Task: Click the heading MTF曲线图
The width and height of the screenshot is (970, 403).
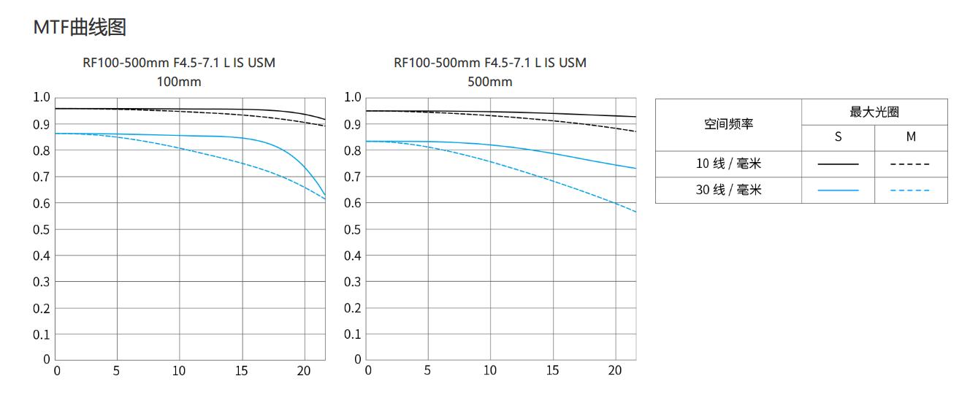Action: (80, 28)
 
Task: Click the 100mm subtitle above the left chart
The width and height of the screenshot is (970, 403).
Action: (179, 82)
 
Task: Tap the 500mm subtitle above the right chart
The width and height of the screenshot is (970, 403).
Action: (490, 82)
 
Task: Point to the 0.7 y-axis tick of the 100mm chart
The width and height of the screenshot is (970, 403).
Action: (42, 177)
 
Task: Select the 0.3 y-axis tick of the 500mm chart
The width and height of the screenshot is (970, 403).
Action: (353, 282)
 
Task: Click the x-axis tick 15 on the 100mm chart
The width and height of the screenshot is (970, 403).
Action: (241, 371)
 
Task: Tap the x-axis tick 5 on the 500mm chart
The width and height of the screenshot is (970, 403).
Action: (427, 371)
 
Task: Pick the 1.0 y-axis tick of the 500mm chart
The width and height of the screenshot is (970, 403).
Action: (353, 98)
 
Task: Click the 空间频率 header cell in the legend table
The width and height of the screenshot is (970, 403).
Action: (728, 125)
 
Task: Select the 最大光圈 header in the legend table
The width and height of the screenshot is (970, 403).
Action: (874, 112)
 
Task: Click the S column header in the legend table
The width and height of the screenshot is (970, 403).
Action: (838, 137)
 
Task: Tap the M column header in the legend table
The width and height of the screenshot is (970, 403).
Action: (911, 137)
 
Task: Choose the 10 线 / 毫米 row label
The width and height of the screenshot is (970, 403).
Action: (728, 164)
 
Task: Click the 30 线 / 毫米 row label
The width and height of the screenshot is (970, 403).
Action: (728, 190)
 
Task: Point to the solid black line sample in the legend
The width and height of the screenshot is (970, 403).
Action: (838, 164)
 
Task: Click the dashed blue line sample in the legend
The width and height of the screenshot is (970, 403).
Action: (911, 191)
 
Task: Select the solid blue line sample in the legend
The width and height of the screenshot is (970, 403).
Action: (838, 191)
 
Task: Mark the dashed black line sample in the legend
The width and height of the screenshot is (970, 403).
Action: (911, 164)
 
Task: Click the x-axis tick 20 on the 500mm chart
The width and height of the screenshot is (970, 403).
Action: (614, 371)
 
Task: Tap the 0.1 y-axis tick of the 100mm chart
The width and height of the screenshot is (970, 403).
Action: (42, 334)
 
